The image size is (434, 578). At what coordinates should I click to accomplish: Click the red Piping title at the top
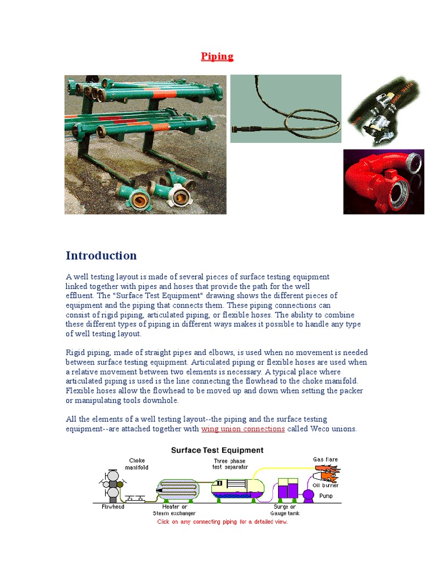click(217, 56)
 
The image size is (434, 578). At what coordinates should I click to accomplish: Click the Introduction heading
click(101, 256)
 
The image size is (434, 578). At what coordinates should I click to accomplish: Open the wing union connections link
click(243, 429)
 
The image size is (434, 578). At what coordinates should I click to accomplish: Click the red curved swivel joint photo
click(383, 182)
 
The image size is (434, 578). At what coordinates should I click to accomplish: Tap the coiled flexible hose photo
click(285, 108)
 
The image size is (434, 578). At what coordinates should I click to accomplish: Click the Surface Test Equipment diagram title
click(217, 450)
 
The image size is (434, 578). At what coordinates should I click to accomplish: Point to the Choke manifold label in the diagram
click(138, 464)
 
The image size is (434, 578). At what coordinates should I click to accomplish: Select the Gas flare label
click(325, 459)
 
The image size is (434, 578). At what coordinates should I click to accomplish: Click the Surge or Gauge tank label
click(285, 510)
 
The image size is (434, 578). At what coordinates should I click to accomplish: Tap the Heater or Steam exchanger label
click(174, 510)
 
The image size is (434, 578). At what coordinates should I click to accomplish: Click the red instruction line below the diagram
click(222, 522)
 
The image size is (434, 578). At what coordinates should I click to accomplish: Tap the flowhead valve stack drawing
click(113, 484)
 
